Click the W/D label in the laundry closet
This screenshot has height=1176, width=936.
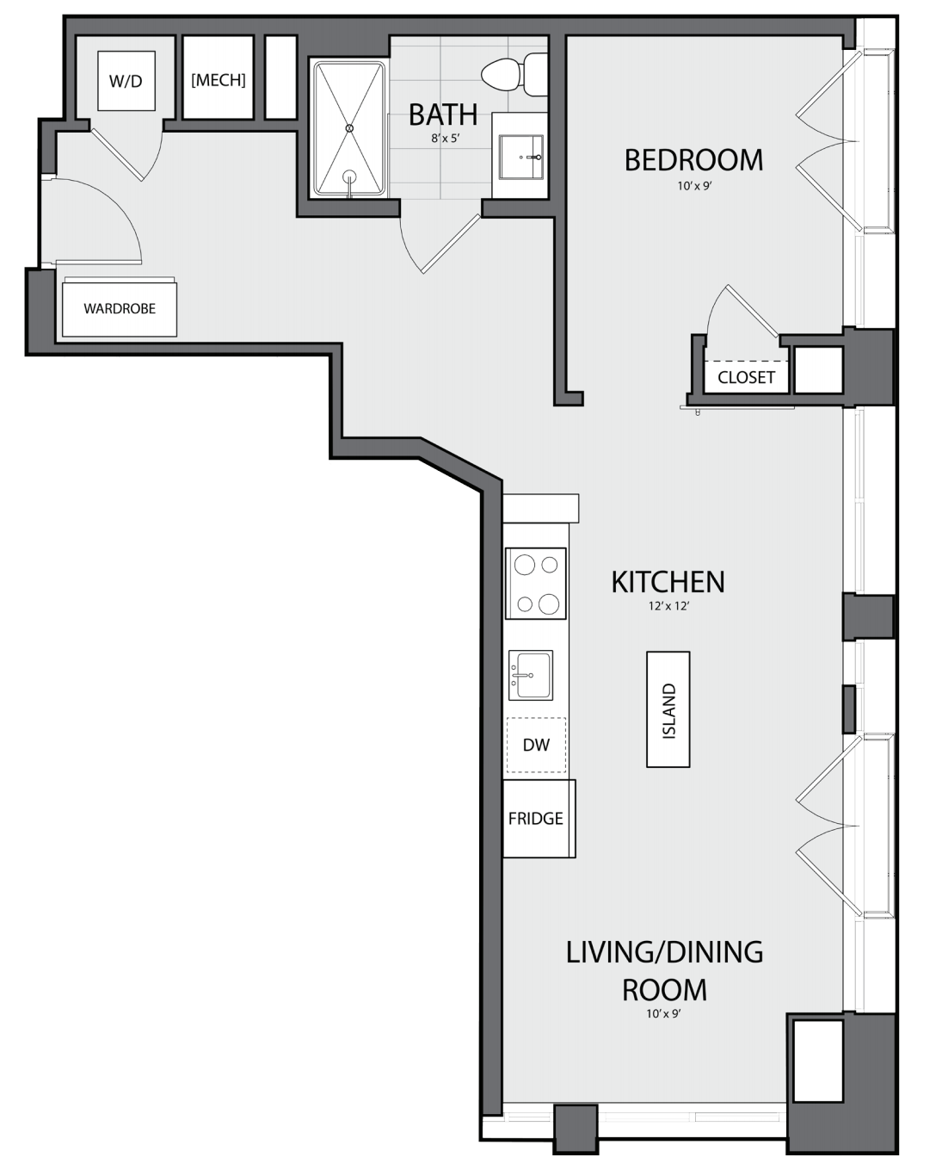click(x=126, y=82)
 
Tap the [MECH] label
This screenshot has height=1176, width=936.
click(x=218, y=80)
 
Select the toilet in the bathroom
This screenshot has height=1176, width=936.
click(x=514, y=74)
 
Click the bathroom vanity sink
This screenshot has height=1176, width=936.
click(x=521, y=157)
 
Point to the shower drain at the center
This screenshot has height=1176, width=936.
click(x=349, y=128)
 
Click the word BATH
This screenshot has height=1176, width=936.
click(x=443, y=115)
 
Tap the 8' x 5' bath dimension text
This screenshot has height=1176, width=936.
click(x=445, y=139)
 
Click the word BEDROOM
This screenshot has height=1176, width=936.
click(x=693, y=160)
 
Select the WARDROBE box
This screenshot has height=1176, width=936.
click(x=120, y=309)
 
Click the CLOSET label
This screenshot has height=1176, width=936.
click(x=746, y=377)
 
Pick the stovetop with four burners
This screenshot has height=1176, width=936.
click(x=536, y=584)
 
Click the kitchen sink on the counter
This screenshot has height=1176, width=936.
click(x=531, y=675)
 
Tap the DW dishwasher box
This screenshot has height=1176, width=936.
click(x=536, y=745)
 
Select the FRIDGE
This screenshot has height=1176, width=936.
click(x=539, y=818)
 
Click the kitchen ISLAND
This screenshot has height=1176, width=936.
click(x=668, y=709)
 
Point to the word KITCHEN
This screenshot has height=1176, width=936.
click(x=668, y=582)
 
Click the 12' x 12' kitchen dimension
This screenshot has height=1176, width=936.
click(x=669, y=606)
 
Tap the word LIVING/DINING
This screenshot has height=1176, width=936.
click(x=664, y=952)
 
